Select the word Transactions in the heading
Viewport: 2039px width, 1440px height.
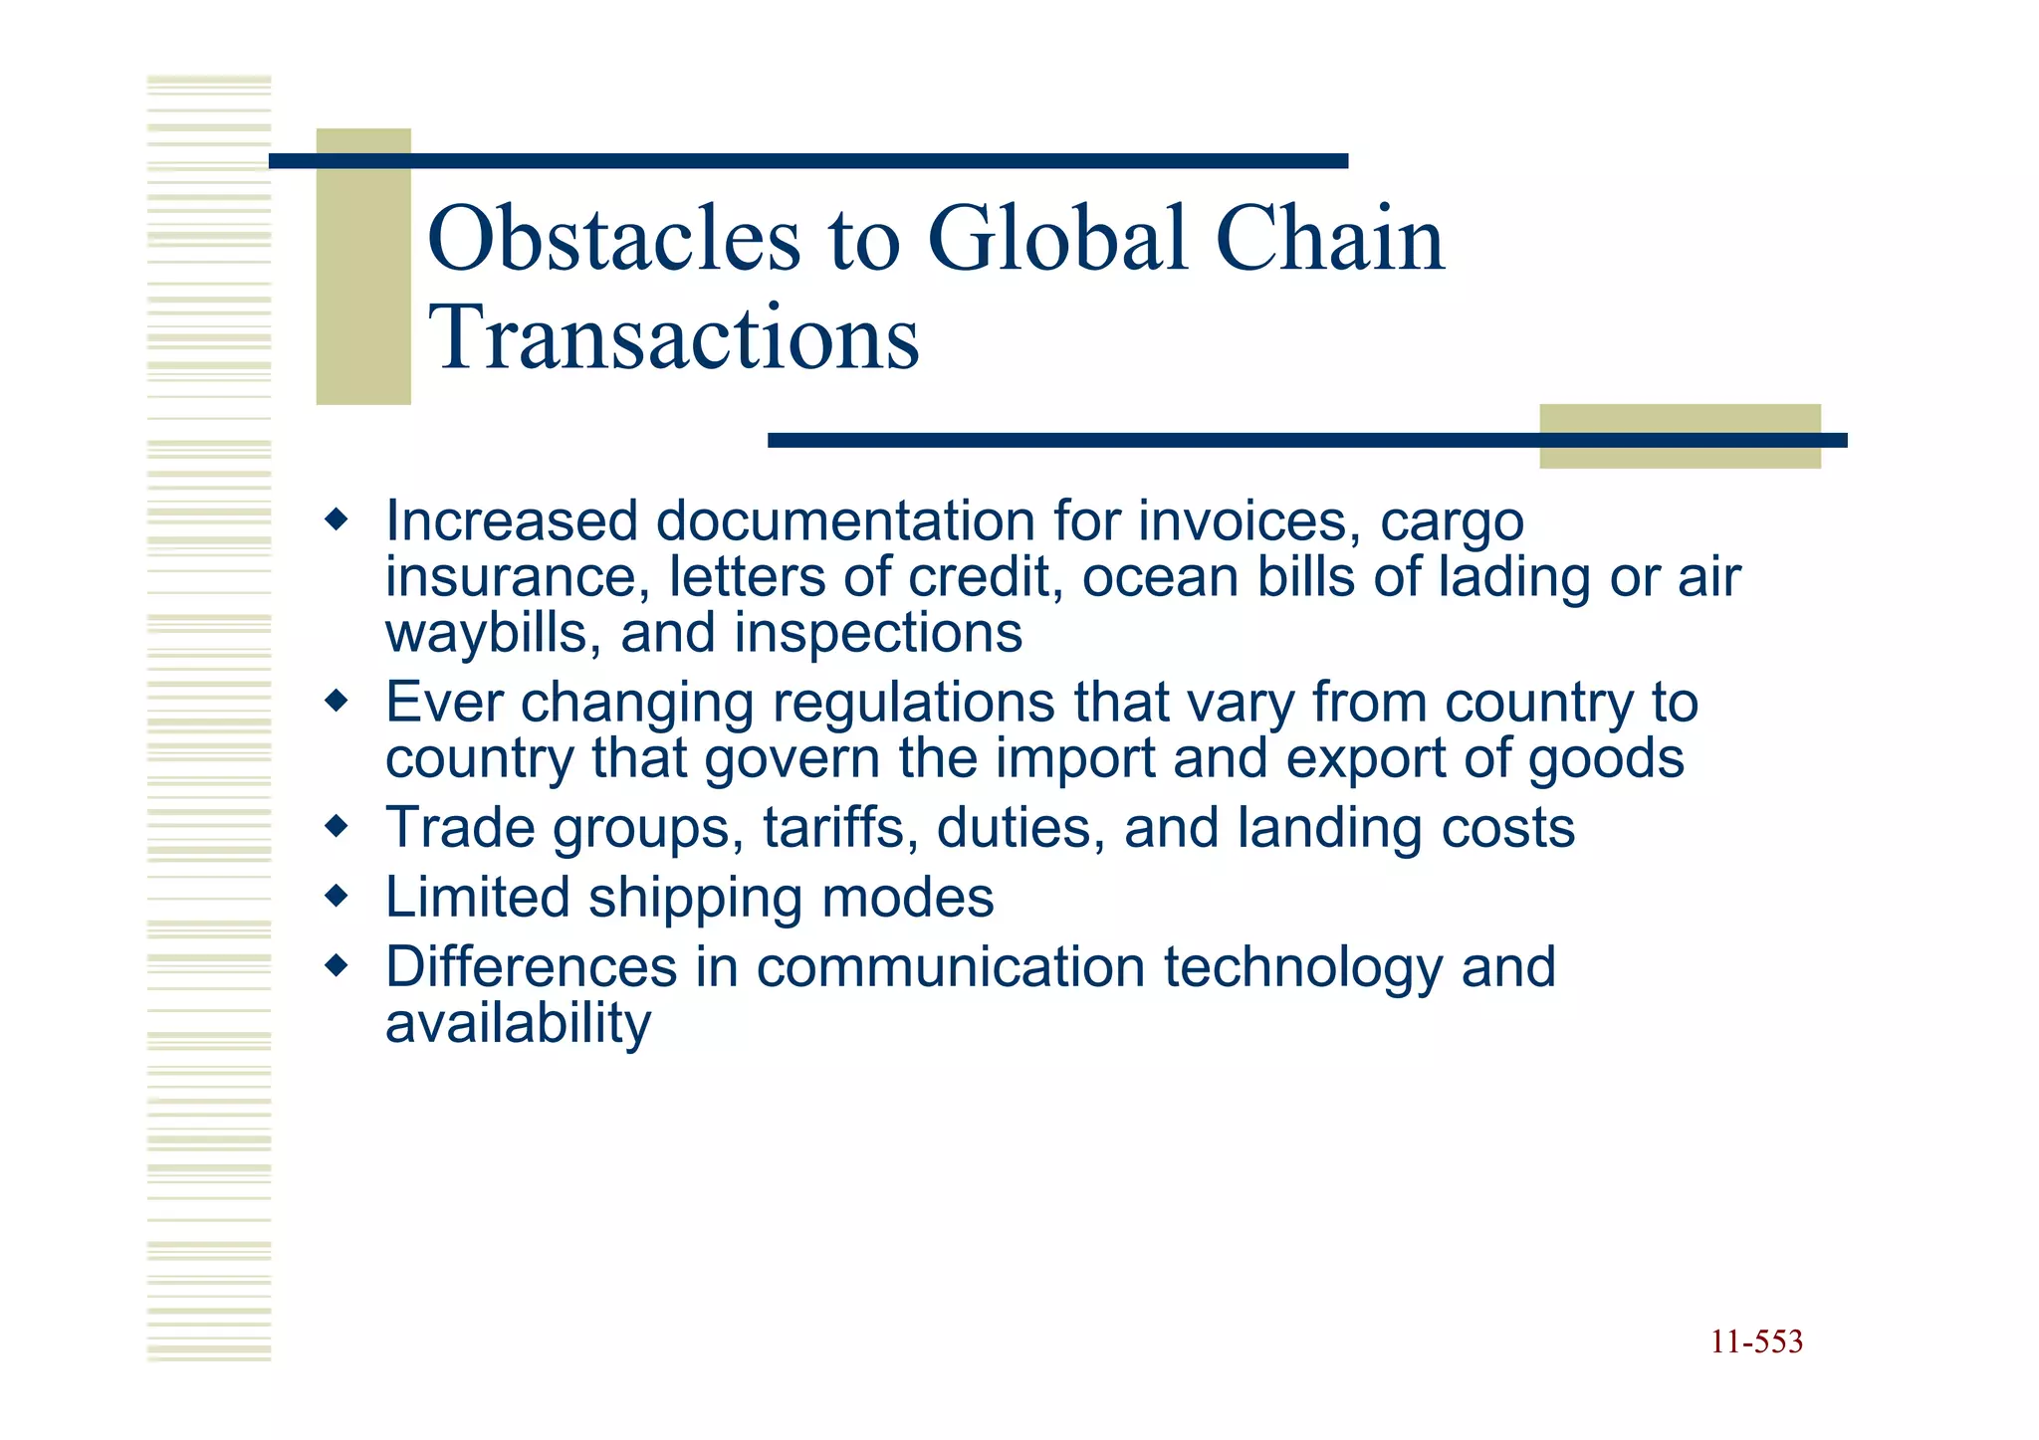pyautogui.click(x=674, y=338)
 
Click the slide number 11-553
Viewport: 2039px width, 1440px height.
pyautogui.click(x=1756, y=1342)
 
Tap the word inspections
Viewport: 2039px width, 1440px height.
pyautogui.click(x=878, y=634)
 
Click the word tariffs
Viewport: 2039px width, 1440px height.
pyautogui.click(x=840, y=828)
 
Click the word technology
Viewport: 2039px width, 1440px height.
pyautogui.click(x=1302, y=968)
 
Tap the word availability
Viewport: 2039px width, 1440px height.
pyautogui.click(x=518, y=1024)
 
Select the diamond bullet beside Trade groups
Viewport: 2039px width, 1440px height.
pyautogui.click(x=338, y=826)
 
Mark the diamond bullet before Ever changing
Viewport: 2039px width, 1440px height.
pyautogui.click(x=338, y=702)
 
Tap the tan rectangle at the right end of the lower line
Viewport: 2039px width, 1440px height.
pyautogui.click(x=1680, y=436)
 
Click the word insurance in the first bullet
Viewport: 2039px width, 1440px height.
pyautogui.click(x=517, y=578)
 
